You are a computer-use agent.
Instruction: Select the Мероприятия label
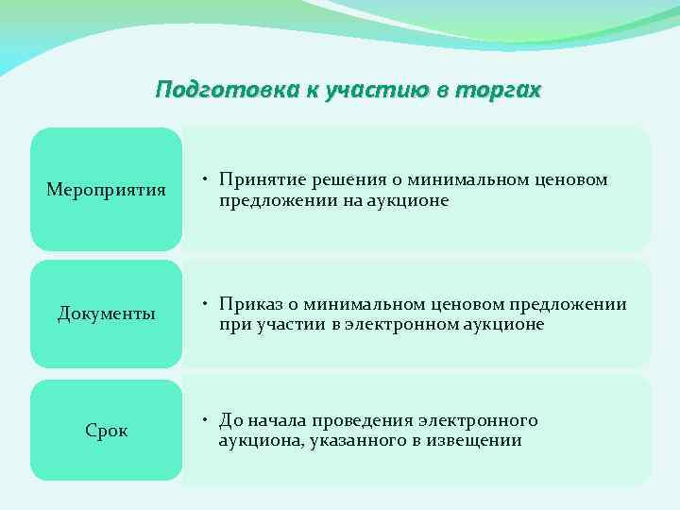(106, 190)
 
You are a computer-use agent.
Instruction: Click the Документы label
(106, 314)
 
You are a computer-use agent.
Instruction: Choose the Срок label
(106, 431)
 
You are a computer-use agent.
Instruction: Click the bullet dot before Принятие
(205, 179)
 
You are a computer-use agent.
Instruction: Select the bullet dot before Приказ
(205, 303)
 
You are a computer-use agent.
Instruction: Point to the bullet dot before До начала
(205, 420)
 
